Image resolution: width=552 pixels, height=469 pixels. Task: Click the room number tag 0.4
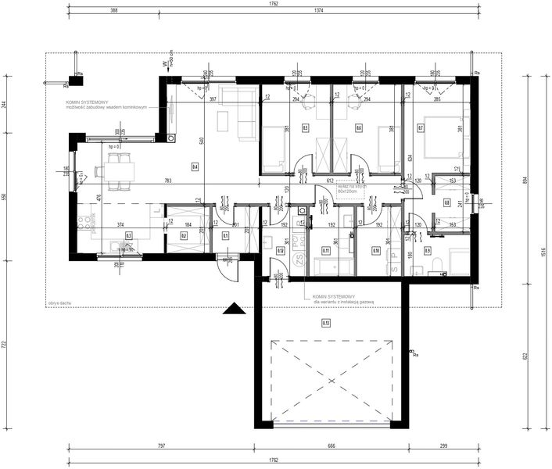click(x=195, y=166)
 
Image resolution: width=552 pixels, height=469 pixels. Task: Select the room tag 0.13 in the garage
click(x=326, y=322)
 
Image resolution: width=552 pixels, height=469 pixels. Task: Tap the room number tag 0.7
click(x=421, y=127)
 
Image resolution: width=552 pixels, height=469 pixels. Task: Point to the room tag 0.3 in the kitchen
click(x=128, y=234)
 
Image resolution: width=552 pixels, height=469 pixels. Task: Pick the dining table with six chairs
click(x=115, y=170)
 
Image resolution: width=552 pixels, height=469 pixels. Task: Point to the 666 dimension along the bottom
click(x=331, y=446)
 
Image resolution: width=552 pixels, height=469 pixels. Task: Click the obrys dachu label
click(x=59, y=301)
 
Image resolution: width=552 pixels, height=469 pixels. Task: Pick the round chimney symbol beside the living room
click(x=170, y=138)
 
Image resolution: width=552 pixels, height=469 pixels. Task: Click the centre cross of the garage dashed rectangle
click(x=331, y=381)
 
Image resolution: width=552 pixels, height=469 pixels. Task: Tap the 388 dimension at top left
click(x=114, y=12)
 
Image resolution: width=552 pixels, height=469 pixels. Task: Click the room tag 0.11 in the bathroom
click(x=326, y=251)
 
